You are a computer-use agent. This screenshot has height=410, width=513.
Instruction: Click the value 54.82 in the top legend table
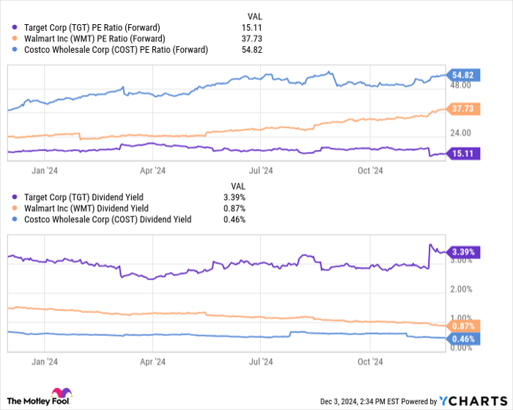click(x=253, y=50)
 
